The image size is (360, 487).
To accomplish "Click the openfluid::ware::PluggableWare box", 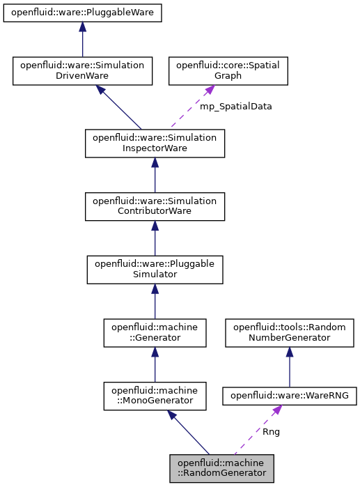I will (82, 13).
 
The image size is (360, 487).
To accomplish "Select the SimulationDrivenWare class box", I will (82, 70).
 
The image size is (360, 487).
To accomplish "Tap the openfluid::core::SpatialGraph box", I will (228, 70).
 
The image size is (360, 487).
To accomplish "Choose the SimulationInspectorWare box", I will (155, 143).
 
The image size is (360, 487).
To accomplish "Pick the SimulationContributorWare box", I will (155, 206).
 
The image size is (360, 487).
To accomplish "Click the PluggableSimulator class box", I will (155, 269).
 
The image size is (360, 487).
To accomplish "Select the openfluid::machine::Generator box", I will (155, 332).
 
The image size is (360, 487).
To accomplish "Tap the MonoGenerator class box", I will (155, 395).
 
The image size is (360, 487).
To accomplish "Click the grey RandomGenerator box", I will (221, 467).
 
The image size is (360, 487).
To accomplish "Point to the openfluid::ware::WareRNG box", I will (289, 396).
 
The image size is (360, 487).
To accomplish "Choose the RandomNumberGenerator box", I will (289, 332).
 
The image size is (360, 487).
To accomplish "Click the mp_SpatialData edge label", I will (235, 107).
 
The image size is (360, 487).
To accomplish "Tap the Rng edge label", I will (271, 431).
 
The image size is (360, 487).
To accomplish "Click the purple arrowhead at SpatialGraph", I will (208, 91).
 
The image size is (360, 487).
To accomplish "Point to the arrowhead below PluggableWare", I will (82, 27).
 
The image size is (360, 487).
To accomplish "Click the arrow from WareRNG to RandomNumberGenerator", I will (289, 367).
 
